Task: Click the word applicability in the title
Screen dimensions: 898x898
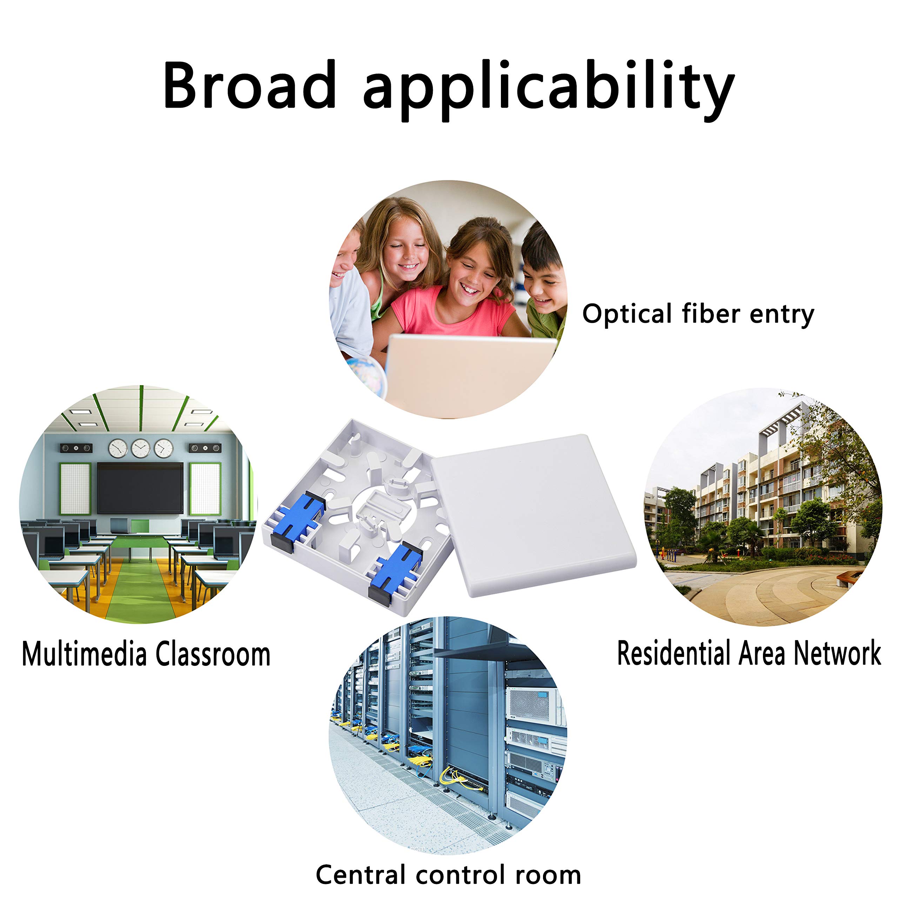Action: [549, 88]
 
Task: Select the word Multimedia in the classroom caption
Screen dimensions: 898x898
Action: [84, 654]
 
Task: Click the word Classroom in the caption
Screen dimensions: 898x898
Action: [213, 654]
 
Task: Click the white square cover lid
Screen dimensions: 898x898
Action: [535, 514]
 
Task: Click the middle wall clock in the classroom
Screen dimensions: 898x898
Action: [140, 449]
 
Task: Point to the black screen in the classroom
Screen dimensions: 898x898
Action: [140, 488]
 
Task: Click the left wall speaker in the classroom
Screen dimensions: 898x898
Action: [76, 448]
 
